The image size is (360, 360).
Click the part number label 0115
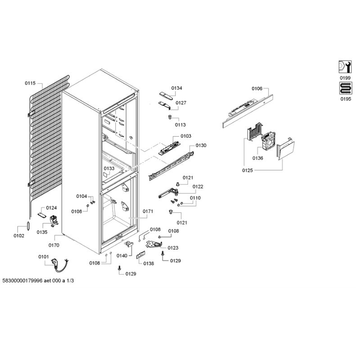point(30,83)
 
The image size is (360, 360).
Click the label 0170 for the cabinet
point(54,245)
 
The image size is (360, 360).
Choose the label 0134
point(176,88)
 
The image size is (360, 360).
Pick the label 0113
point(180,125)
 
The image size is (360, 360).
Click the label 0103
point(186,136)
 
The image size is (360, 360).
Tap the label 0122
point(198,186)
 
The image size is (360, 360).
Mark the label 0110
point(195,198)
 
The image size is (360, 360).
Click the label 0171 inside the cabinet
point(148,211)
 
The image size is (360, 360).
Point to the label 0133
point(109,168)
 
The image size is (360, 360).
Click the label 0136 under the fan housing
point(257,158)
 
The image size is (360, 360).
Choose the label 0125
point(247,171)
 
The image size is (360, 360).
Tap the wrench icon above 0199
point(345,67)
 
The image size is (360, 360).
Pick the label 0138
point(148,263)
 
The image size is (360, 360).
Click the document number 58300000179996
point(22,280)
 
